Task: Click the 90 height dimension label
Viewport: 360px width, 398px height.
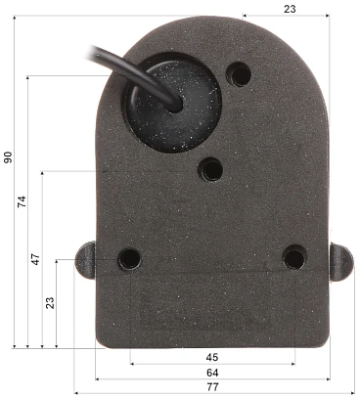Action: coord(8,157)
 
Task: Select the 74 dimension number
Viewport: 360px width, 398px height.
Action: coord(22,202)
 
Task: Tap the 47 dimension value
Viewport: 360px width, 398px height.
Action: coord(35,258)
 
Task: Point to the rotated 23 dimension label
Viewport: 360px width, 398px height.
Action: coord(50,302)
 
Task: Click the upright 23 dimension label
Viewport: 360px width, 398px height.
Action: coord(290,9)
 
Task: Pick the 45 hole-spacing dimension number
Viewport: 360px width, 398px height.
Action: coord(212,357)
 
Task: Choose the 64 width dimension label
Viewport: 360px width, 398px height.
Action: coord(212,373)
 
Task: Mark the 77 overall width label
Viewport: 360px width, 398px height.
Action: coord(212,387)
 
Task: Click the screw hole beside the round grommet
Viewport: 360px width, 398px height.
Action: coord(239,74)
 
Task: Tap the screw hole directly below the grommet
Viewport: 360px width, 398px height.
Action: coord(211,169)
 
